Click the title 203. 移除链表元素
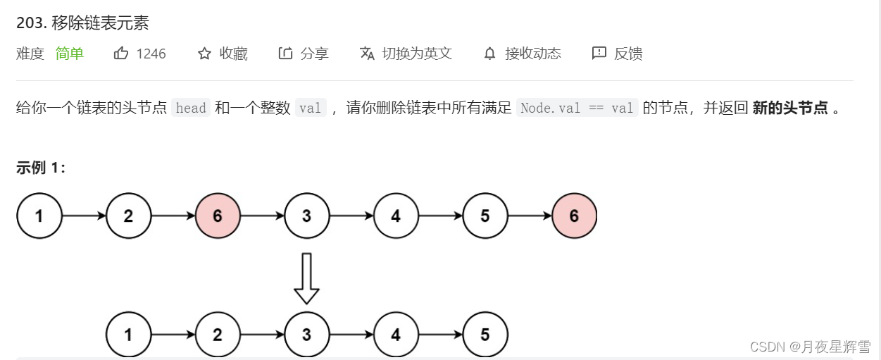tap(82, 23)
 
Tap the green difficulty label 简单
tap(70, 54)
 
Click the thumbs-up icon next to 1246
tap(121, 54)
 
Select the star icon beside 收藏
tap(204, 54)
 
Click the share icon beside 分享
tap(285, 54)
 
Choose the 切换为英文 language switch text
tap(417, 54)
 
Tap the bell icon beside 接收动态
tap(489, 54)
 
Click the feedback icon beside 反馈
tap(599, 54)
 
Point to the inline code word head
tap(191, 108)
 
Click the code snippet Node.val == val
tap(577, 108)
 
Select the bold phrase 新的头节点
tap(790, 108)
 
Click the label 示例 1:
tap(41, 168)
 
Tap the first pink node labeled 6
tap(217, 216)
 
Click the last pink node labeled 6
tap(574, 216)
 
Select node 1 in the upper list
tap(39, 216)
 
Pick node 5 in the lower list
tap(485, 335)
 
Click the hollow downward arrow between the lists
tap(306, 279)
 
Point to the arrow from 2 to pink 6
tap(173, 216)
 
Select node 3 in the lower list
tap(306, 335)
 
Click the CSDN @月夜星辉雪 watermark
tap(810, 346)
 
